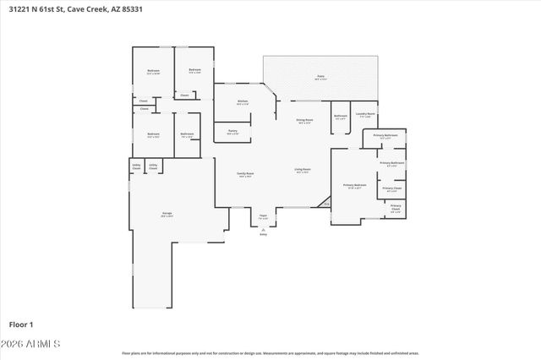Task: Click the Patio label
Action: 321,77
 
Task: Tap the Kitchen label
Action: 243,102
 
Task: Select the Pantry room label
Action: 232,132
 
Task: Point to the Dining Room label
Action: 305,122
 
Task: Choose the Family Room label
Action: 246,175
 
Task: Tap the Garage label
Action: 167,215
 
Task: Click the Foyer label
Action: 263,217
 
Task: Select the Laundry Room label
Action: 366,114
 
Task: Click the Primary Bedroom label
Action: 354,186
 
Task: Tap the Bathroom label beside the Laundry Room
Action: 341,117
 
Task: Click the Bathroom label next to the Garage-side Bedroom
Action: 188,134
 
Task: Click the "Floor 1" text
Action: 20,324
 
